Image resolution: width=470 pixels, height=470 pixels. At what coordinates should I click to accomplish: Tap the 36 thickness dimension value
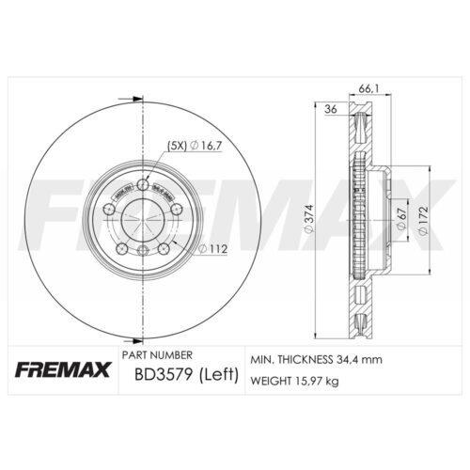[331, 109]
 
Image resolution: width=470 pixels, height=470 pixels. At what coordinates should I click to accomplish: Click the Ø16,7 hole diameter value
[204, 144]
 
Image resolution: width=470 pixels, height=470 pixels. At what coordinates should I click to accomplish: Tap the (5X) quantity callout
[176, 144]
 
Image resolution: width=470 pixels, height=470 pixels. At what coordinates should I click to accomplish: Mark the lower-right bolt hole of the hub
[164, 248]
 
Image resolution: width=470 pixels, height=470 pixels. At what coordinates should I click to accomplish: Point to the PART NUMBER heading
[157, 355]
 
